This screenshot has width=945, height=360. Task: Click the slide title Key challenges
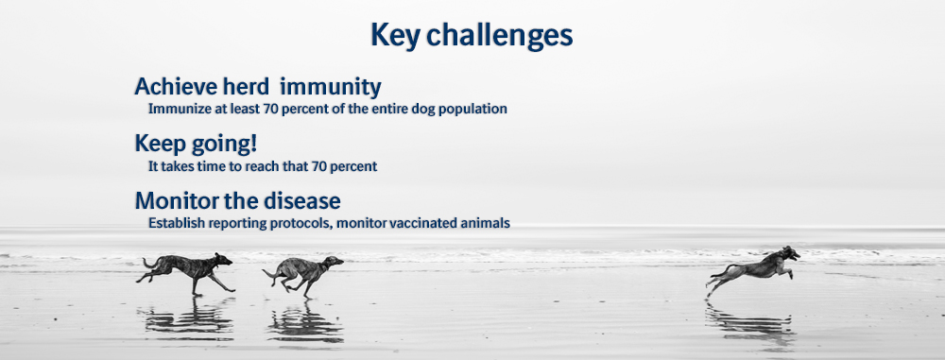(472, 36)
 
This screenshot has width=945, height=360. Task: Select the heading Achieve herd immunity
(257, 87)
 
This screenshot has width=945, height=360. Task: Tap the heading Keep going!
(196, 145)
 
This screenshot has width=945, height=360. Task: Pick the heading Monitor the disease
(237, 200)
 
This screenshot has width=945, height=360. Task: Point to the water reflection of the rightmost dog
(750, 322)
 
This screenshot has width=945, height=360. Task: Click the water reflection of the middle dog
(305, 322)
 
